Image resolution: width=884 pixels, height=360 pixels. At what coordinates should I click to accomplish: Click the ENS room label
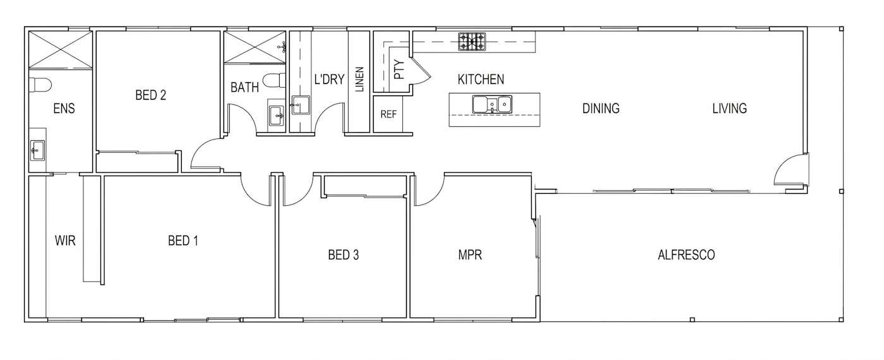pyautogui.click(x=64, y=108)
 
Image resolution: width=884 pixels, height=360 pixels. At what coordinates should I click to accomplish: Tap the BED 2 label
pyautogui.click(x=150, y=95)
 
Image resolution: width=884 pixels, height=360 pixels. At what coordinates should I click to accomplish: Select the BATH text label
pyautogui.click(x=245, y=87)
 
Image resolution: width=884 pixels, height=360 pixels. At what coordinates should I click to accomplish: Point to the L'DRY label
pyautogui.click(x=329, y=80)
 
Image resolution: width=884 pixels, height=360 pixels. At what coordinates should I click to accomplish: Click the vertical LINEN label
pyautogui.click(x=359, y=80)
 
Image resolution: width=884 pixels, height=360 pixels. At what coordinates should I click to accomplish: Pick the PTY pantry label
pyautogui.click(x=399, y=69)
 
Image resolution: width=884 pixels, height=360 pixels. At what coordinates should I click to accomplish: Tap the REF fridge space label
pyautogui.click(x=388, y=114)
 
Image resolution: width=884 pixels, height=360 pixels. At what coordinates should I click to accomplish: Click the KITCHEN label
pyautogui.click(x=481, y=80)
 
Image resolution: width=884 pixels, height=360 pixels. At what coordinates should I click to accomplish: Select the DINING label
pyautogui.click(x=600, y=108)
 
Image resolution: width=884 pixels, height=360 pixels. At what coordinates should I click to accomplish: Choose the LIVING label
pyautogui.click(x=729, y=108)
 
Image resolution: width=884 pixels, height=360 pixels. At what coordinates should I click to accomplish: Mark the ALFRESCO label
pyautogui.click(x=686, y=255)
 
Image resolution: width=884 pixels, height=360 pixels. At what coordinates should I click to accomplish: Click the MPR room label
pyautogui.click(x=470, y=255)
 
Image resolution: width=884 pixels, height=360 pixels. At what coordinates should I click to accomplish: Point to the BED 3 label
pyautogui.click(x=343, y=255)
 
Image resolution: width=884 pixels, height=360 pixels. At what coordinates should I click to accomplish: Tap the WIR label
pyautogui.click(x=65, y=241)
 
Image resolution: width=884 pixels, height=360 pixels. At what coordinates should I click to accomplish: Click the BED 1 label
pyautogui.click(x=183, y=241)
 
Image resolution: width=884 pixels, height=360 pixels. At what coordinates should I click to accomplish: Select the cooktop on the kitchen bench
pyautogui.click(x=472, y=42)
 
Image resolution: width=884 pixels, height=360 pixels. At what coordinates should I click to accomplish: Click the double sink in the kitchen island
pyautogui.click(x=492, y=104)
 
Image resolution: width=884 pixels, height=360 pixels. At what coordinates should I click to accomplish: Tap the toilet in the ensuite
pyautogui.click(x=40, y=84)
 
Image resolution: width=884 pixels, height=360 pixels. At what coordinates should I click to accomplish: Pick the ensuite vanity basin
pyautogui.click(x=37, y=150)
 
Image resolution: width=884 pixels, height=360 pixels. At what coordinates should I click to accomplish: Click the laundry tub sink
pyautogui.click(x=301, y=105)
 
